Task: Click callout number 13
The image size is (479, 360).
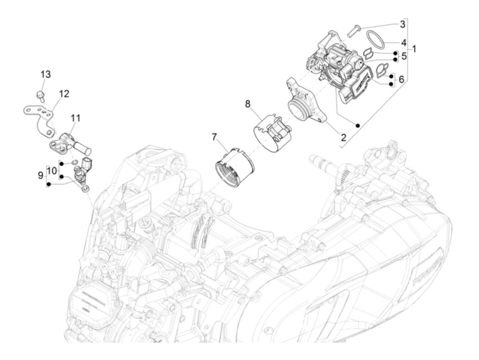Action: pyautogui.click(x=46, y=74)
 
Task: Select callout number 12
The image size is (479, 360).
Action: pyautogui.click(x=64, y=93)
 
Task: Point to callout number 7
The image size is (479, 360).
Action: pyautogui.click(x=215, y=137)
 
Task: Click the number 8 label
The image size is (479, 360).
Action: pyautogui.click(x=248, y=104)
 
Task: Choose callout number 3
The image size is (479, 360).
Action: pyautogui.click(x=402, y=24)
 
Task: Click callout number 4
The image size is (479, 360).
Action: pyautogui.click(x=404, y=43)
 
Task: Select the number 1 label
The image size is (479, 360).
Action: pyautogui.click(x=414, y=49)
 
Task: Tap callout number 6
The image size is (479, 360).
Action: pyautogui.click(x=401, y=79)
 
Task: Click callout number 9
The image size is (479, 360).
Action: pyautogui.click(x=40, y=176)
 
